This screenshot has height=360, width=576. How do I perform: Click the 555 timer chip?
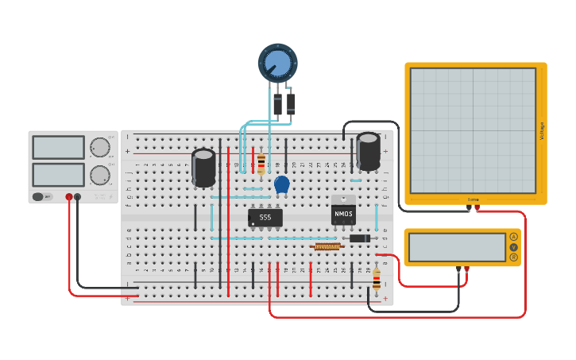pos(265,217)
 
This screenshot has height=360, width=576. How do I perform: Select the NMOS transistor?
pos(343,213)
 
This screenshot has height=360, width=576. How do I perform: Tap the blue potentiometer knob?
pos(277,63)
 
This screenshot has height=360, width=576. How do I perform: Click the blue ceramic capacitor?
pos(281,184)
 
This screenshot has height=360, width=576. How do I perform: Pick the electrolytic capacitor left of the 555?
pos(203,168)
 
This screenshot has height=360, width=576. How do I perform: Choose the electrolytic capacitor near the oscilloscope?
pos(368,151)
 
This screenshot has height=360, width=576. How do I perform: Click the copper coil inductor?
pos(327,246)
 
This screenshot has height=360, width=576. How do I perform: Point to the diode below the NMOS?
pos(359,238)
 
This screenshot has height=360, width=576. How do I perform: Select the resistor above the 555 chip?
pos(261,165)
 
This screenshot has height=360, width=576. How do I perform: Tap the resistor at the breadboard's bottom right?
pos(376,278)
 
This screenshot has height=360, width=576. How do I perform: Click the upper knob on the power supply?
pos(99,147)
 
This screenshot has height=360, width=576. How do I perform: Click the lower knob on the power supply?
pos(99,175)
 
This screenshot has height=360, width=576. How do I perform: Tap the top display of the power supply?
pos(58,147)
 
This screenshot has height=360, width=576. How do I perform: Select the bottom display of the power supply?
pos(58,175)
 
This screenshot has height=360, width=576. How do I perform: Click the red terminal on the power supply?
pos(69,196)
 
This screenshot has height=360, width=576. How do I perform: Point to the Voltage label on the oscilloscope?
pos(543,131)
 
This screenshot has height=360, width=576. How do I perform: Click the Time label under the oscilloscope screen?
pos(474,200)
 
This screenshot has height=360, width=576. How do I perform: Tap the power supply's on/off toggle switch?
pos(38,196)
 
